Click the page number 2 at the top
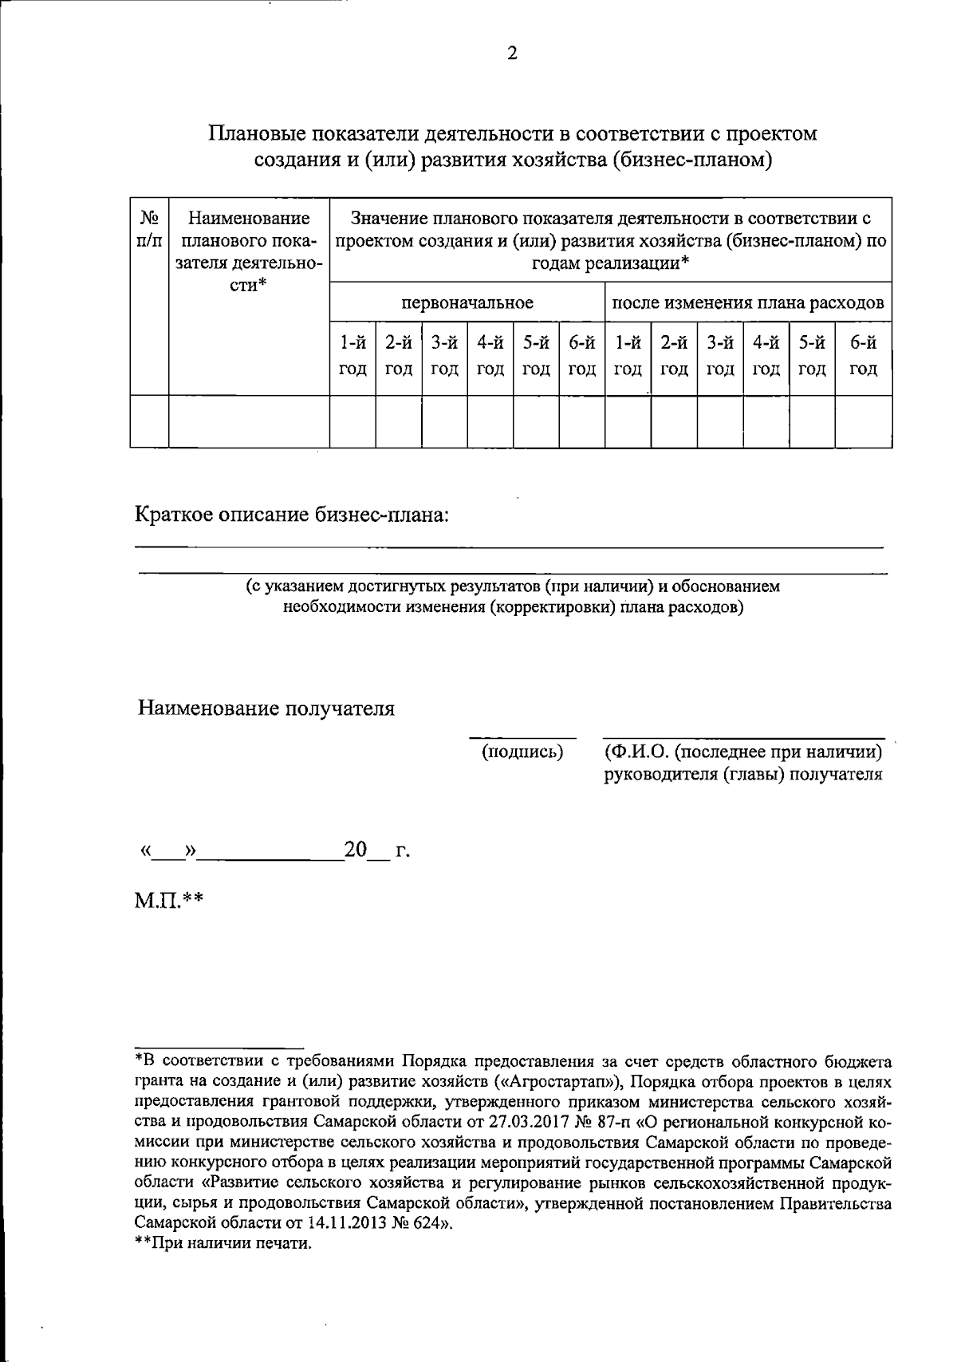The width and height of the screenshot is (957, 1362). (512, 53)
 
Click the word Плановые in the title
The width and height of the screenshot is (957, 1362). (256, 133)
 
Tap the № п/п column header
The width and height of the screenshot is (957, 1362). (149, 229)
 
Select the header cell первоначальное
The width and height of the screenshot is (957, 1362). (467, 303)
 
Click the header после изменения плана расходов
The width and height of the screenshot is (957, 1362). (747, 303)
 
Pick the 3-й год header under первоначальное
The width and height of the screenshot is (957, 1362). (444, 356)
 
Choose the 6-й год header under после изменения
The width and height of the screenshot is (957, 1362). (863, 356)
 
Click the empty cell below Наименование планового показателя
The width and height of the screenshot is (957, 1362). (249, 421)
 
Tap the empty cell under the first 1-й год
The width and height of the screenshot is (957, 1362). (352, 421)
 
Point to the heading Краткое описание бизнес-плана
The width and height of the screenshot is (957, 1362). (292, 515)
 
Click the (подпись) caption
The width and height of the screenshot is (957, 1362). (522, 752)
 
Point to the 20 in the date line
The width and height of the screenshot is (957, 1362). (355, 851)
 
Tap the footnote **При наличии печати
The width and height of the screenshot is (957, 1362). (223, 1243)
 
